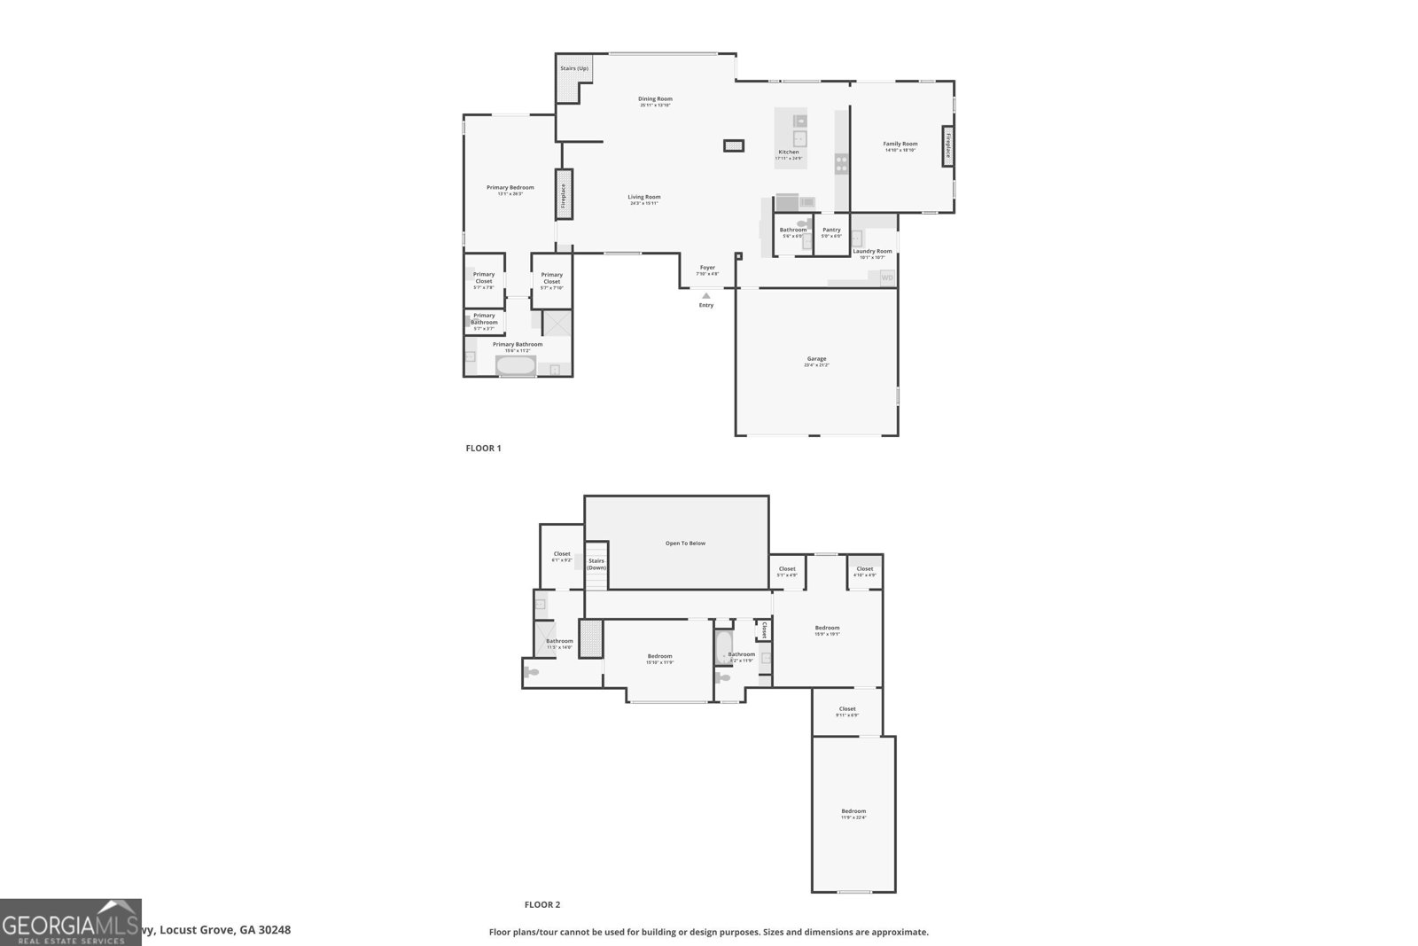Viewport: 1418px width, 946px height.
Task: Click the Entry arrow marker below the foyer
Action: coord(705,296)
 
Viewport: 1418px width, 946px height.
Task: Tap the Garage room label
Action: coord(816,360)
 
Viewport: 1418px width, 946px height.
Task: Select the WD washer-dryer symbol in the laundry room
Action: coord(887,278)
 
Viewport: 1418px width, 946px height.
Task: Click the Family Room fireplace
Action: coord(947,145)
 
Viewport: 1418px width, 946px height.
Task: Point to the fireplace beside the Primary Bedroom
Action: coord(564,194)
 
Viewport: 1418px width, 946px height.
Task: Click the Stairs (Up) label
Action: coord(573,68)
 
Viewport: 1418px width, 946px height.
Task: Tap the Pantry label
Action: coord(831,231)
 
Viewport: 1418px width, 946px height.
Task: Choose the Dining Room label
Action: coord(655,99)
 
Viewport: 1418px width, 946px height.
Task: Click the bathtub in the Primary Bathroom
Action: coord(515,364)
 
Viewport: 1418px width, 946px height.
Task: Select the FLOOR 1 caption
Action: coord(483,449)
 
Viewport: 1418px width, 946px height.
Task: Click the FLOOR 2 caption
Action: coord(541,905)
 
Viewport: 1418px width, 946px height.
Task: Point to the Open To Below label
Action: coord(685,543)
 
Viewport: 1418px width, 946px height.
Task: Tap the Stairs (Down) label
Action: coord(596,564)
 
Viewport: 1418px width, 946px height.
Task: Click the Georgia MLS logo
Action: coord(70,922)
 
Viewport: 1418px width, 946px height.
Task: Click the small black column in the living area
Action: coord(733,145)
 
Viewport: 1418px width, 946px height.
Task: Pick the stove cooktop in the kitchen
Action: coord(841,163)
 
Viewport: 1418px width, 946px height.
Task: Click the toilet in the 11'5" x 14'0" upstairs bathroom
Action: coord(531,672)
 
